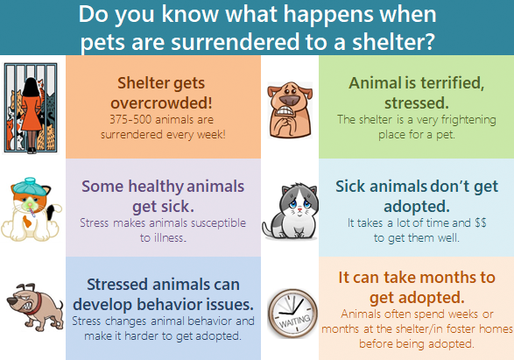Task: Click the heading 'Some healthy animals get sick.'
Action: pos(163,194)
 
